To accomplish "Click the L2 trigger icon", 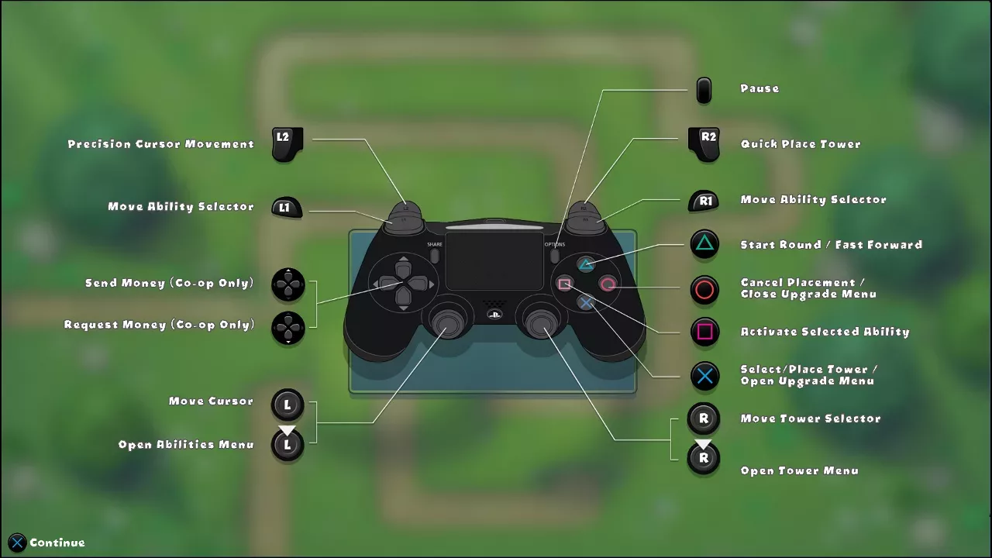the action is pos(288,144).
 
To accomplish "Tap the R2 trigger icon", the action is pos(704,144).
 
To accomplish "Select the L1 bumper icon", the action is pos(287,207).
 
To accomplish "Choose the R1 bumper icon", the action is pos(704,201).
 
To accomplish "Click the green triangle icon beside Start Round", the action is pos(704,243).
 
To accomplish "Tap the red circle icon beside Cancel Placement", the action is pos(704,290).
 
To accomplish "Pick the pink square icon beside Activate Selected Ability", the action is pos(704,332).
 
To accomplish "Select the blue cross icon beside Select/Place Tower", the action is pos(704,377).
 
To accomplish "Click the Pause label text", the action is pos(759,88).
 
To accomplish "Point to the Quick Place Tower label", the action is pos(801,144).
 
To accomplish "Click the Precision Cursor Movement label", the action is pos(160,144).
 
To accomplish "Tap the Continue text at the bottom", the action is pos(57,542).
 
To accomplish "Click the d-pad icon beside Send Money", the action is pos(288,284).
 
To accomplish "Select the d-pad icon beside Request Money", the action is pos(288,328).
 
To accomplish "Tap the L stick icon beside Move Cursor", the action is pos(288,405).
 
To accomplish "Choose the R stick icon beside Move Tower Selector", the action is pos(704,418).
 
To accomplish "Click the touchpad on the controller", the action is pos(494,261).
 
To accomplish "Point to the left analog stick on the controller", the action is pos(446,323).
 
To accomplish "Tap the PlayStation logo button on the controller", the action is pos(494,315).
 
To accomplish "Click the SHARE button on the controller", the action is pos(435,256).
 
